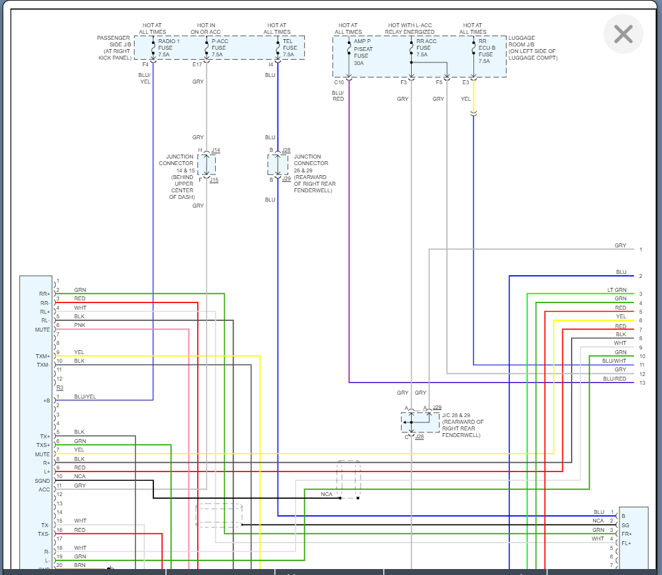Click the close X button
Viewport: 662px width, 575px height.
[x=623, y=34]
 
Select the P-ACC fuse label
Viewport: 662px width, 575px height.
[x=220, y=48]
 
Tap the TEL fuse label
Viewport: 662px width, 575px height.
[x=290, y=48]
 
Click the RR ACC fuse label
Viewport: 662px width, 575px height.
[x=426, y=48]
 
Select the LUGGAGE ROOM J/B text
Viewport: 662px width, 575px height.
[x=533, y=48]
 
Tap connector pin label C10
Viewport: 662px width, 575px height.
[x=339, y=82]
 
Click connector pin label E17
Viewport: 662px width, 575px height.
[x=197, y=64]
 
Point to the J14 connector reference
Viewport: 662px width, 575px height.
[x=215, y=151]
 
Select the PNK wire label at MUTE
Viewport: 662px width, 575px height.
[x=79, y=325]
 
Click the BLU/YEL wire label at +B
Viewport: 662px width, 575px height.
[x=84, y=397]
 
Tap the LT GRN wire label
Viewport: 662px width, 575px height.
[x=617, y=290]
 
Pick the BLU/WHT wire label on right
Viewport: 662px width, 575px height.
[x=614, y=361]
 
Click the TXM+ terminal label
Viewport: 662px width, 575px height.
[x=42, y=356]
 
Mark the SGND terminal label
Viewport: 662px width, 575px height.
[x=42, y=481]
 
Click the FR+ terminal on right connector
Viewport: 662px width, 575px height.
[x=626, y=534]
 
